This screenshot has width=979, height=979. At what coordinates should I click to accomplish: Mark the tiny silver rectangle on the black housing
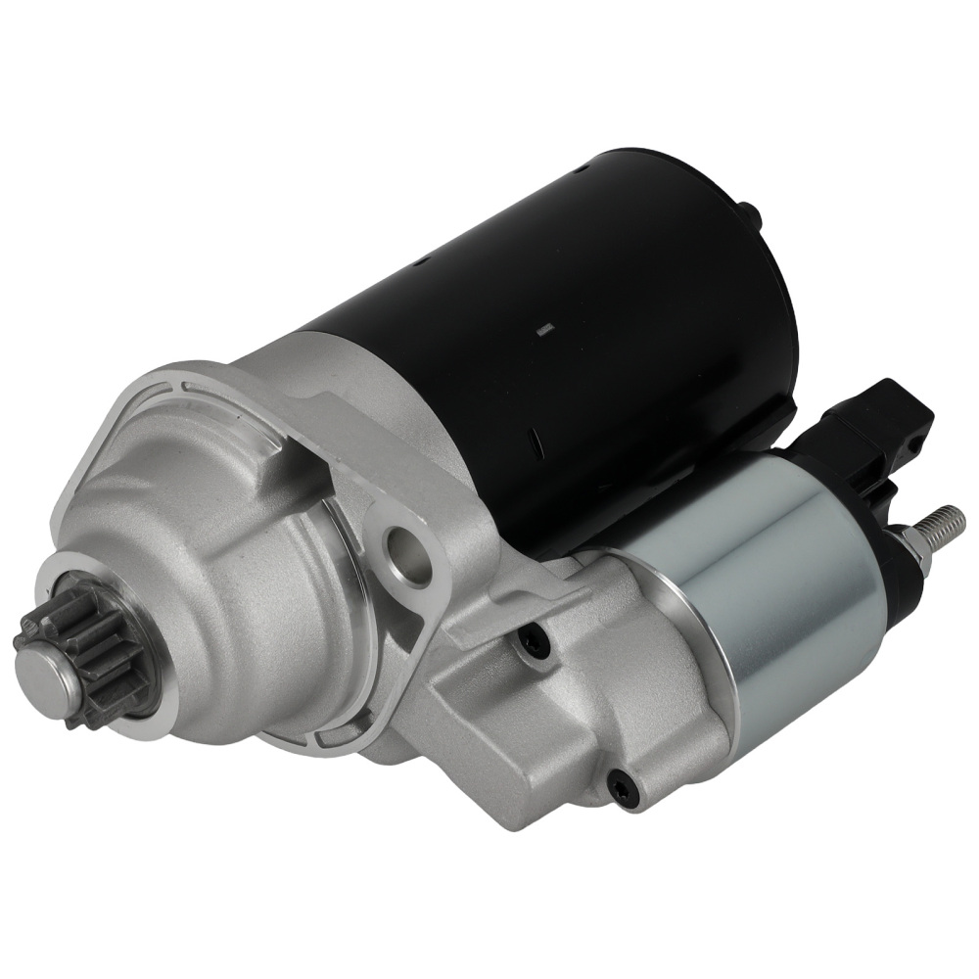click(546, 331)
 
